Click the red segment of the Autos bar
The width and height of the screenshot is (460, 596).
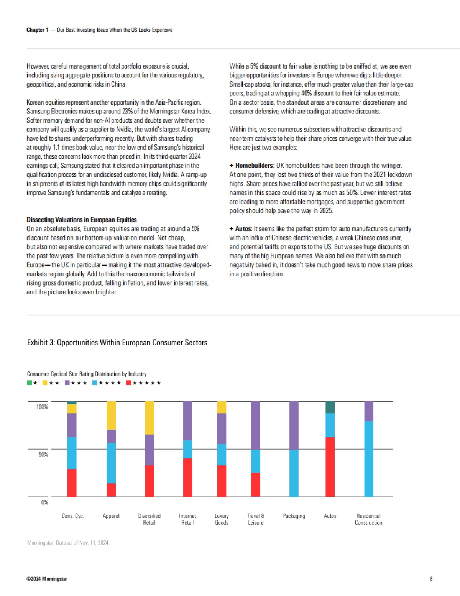[330, 467]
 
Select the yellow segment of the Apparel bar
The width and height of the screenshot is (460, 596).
[111, 415]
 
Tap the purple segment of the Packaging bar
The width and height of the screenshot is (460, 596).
[294, 425]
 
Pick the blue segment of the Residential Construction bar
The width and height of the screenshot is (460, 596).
[369, 459]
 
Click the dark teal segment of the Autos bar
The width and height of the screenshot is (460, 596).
[330, 407]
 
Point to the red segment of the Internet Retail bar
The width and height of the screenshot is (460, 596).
[187, 478]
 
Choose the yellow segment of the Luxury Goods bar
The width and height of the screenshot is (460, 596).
[222, 407]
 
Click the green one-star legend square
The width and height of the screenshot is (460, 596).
[30, 383]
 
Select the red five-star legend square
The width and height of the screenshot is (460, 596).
[129, 383]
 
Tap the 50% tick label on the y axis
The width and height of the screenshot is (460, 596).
[43, 455]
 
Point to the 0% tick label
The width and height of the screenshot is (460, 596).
[44, 502]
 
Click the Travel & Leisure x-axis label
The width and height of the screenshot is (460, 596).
[256, 519]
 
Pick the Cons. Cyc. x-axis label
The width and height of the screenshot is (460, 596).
[73, 516]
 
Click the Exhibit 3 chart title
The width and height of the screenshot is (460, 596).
[117, 342]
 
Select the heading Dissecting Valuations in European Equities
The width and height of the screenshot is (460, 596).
[82, 220]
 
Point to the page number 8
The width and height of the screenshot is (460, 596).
[431, 579]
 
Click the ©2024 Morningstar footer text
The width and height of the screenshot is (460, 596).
[47, 579]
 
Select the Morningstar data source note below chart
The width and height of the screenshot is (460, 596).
[68, 543]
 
